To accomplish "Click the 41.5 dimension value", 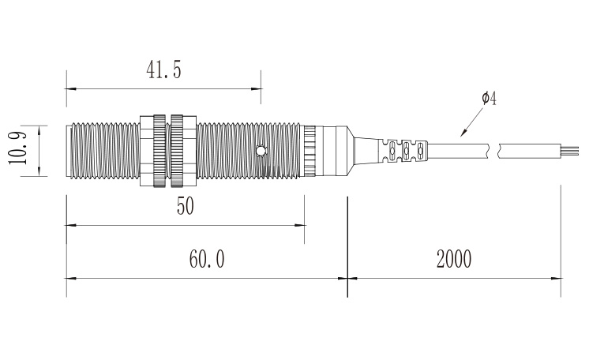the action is [x=163, y=70].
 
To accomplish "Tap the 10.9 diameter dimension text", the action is [x=17, y=148].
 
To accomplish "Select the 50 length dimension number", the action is [x=186, y=206].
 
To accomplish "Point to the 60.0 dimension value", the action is [x=207, y=259].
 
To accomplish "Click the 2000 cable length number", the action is [x=454, y=259].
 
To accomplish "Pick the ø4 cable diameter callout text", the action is [x=490, y=98].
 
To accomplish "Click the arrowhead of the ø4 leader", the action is [x=463, y=133].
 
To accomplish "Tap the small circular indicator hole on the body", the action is [x=261, y=151].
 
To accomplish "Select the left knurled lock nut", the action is [x=159, y=151].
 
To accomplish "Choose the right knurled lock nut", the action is [x=177, y=151].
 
